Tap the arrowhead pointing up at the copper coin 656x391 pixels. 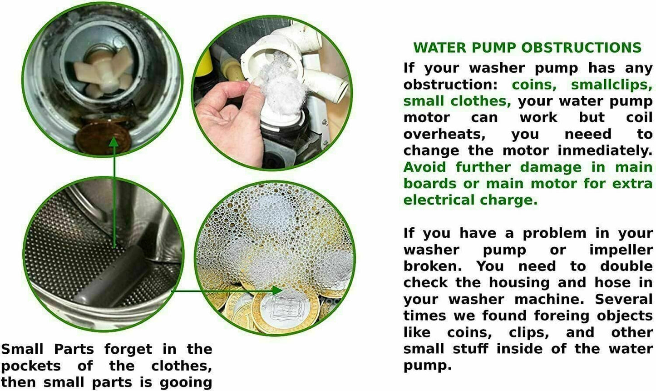click(113, 141)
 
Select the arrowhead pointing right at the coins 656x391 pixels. click(276, 290)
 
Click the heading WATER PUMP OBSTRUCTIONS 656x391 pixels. click(527, 48)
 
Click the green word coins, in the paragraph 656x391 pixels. click(534, 85)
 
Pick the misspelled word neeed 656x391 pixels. click(588, 134)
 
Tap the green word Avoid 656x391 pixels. click(425, 167)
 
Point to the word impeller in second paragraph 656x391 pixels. click(621, 250)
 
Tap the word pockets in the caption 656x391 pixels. click(31, 366)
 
